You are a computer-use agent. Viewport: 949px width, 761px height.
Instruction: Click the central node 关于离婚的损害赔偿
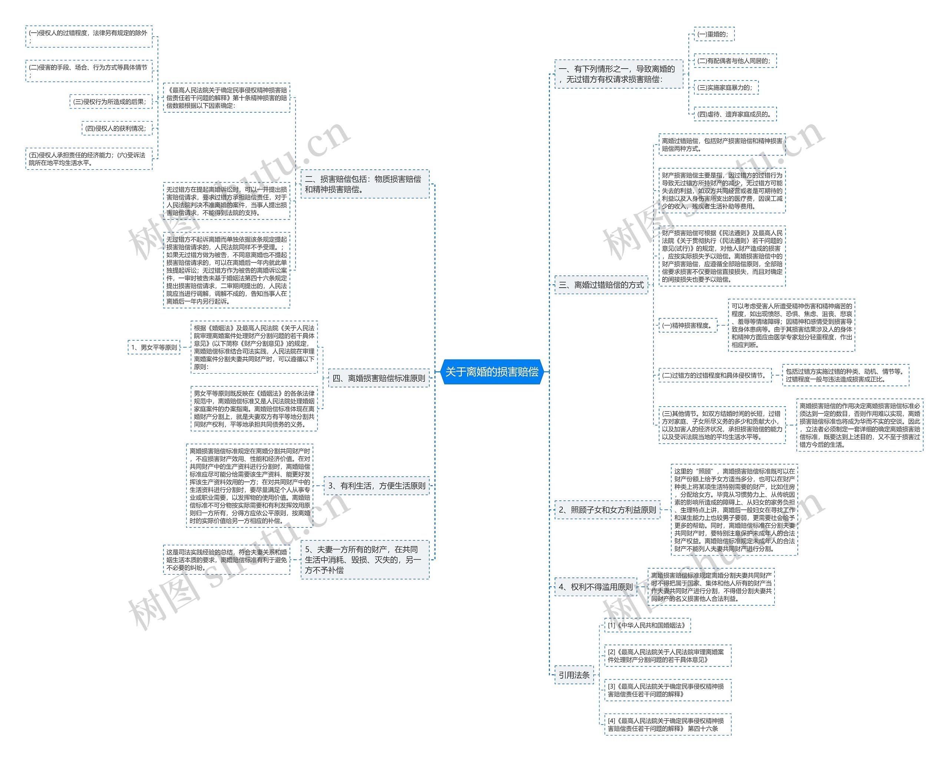pos(492,372)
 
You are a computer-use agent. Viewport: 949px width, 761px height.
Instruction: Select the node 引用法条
pos(574,675)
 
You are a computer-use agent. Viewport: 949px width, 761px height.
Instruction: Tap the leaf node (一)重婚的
pos(714,34)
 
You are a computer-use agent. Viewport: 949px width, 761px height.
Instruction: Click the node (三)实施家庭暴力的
pos(726,87)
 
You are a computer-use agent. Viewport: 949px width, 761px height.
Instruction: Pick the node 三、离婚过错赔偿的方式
pos(601,285)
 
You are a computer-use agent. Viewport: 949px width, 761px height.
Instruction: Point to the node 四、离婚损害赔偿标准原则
pos(378,378)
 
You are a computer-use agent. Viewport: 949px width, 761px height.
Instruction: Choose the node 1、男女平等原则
pos(154,347)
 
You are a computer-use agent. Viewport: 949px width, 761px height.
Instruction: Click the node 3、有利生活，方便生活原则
pos(376,486)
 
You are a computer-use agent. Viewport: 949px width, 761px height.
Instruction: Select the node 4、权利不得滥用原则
pos(596,587)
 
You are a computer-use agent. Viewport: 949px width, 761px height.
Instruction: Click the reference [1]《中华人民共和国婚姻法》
pos(647,625)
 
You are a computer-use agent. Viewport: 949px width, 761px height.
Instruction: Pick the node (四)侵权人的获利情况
pos(117,129)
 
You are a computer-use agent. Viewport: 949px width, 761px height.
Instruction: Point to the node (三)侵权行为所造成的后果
pos(110,102)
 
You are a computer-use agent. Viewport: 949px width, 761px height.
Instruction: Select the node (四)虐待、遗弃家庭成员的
pos(735,115)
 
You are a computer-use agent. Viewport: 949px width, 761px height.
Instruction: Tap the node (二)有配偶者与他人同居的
pos(735,61)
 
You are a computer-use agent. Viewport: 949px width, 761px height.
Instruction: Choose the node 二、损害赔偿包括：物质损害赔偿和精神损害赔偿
pos(364,184)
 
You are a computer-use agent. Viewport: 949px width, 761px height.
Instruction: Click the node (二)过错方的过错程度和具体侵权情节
pos(715,375)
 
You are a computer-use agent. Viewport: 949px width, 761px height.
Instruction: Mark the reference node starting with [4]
pos(667,724)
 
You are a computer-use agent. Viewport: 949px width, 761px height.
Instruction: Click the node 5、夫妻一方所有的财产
pos(364,559)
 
